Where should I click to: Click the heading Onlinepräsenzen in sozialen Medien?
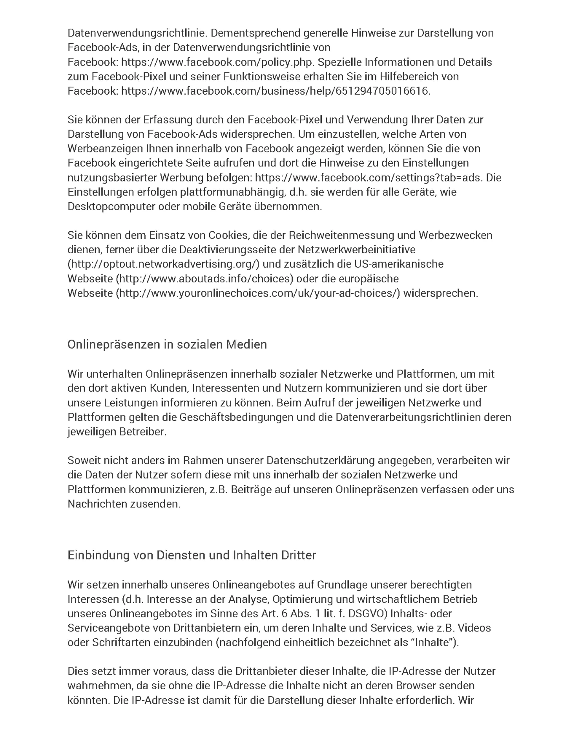tap(167, 344)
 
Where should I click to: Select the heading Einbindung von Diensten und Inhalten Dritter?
tap(192, 555)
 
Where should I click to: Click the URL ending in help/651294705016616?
tap(275, 91)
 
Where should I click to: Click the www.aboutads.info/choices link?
tap(204, 279)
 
